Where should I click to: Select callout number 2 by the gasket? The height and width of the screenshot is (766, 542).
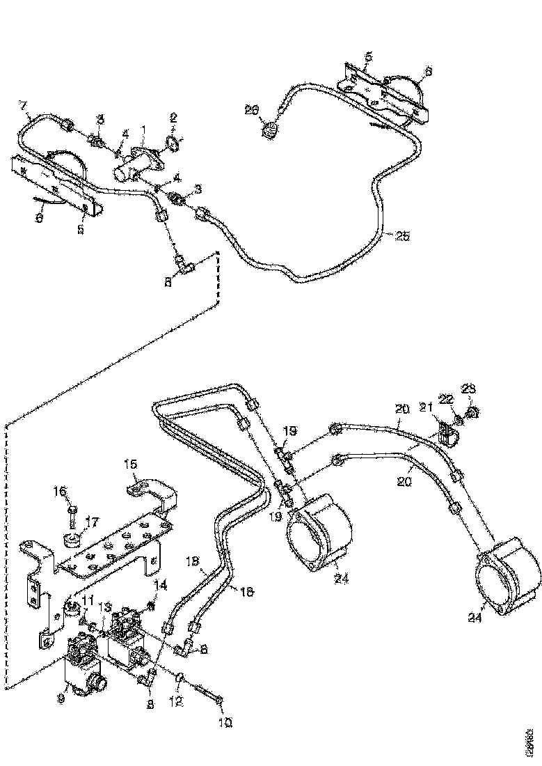click(x=174, y=118)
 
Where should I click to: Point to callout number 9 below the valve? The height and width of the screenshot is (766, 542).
click(x=61, y=696)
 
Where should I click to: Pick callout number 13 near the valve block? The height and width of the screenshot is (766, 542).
click(x=106, y=607)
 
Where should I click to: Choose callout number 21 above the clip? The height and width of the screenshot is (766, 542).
click(x=427, y=407)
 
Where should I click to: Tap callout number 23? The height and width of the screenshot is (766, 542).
click(x=468, y=388)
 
